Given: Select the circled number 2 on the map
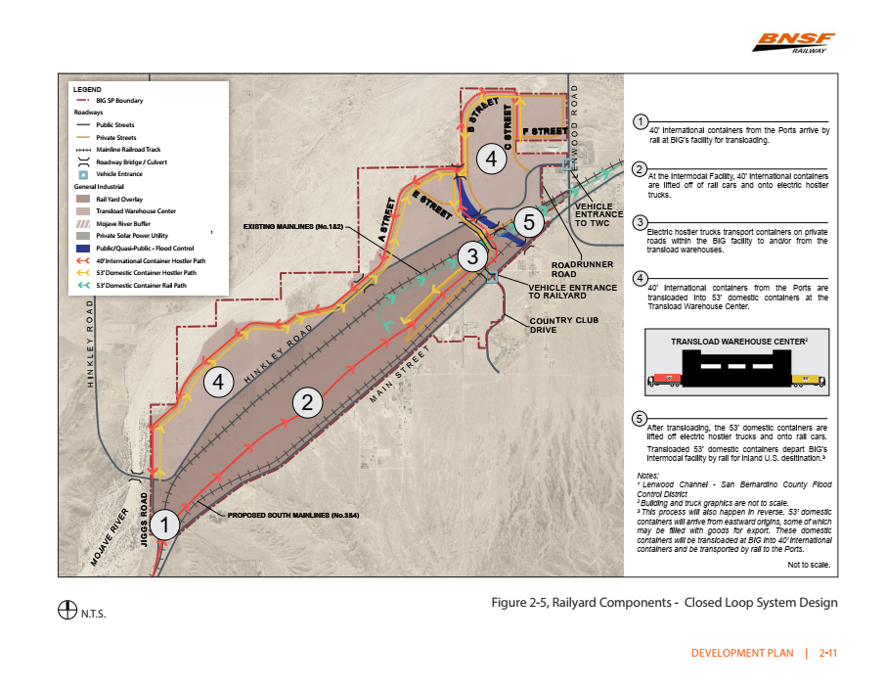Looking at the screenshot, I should (308, 400).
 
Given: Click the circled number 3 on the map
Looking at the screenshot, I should (472, 257).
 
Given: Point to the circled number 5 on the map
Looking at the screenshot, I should (528, 222).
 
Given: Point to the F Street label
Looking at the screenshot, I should (544, 130).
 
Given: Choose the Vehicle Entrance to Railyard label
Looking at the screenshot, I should (572, 292).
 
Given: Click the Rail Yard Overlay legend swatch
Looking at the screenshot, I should (84, 198).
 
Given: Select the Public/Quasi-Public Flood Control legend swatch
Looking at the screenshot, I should (84, 248).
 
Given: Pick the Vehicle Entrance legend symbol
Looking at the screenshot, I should (84, 173).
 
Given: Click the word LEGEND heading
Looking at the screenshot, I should (88, 89).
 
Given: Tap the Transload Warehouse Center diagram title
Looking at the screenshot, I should (738, 341).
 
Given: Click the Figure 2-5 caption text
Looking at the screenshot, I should (664, 603).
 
